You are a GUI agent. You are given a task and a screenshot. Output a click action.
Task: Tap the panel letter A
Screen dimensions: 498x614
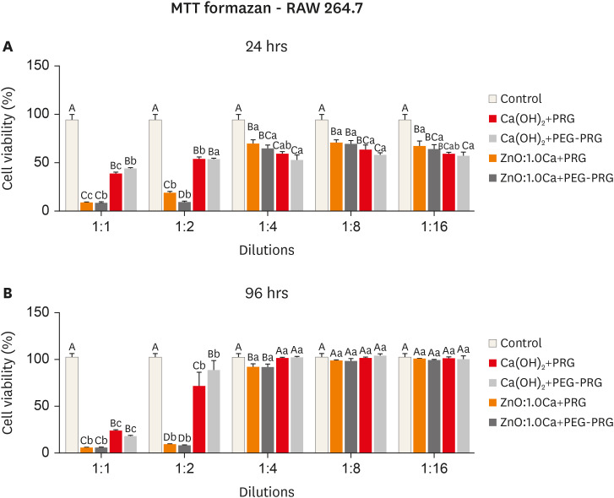pyautogui.click(x=7, y=47)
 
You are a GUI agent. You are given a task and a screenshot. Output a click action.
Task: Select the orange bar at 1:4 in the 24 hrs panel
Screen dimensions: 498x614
pyautogui.click(x=253, y=177)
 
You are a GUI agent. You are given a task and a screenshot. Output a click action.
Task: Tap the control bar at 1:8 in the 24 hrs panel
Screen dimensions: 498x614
pyautogui.click(x=321, y=165)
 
